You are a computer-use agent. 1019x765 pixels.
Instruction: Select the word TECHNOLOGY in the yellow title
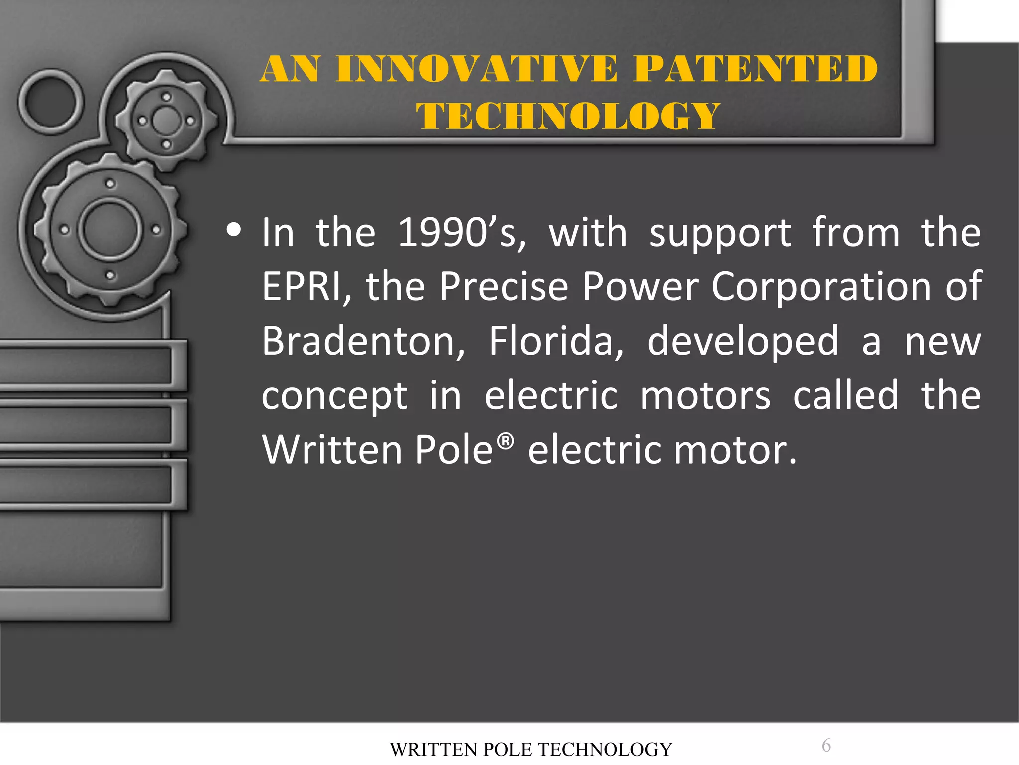click(x=568, y=116)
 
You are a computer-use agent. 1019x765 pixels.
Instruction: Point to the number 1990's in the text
click(x=461, y=233)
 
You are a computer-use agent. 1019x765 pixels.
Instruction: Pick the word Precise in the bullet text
click(x=504, y=287)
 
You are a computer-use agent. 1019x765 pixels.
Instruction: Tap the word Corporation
click(x=821, y=287)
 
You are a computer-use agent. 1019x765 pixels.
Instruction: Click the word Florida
click(x=556, y=342)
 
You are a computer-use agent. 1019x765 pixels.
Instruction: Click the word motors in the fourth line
click(x=705, y=396)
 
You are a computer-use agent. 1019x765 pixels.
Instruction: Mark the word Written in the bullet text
click(x=332, y=450)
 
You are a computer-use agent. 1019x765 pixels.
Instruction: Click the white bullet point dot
click(x=233, y=230)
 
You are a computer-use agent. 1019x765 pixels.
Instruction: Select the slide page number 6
click(x=826, y=746)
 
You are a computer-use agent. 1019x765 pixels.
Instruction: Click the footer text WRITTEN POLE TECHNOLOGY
click(x=531, y=749)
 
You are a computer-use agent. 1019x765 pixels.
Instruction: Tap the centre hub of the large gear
click(x=110, y=229)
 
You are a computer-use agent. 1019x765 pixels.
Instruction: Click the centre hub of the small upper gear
click(x=166, y=121)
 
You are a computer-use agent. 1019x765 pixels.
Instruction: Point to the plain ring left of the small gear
click(x=51, y=102)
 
